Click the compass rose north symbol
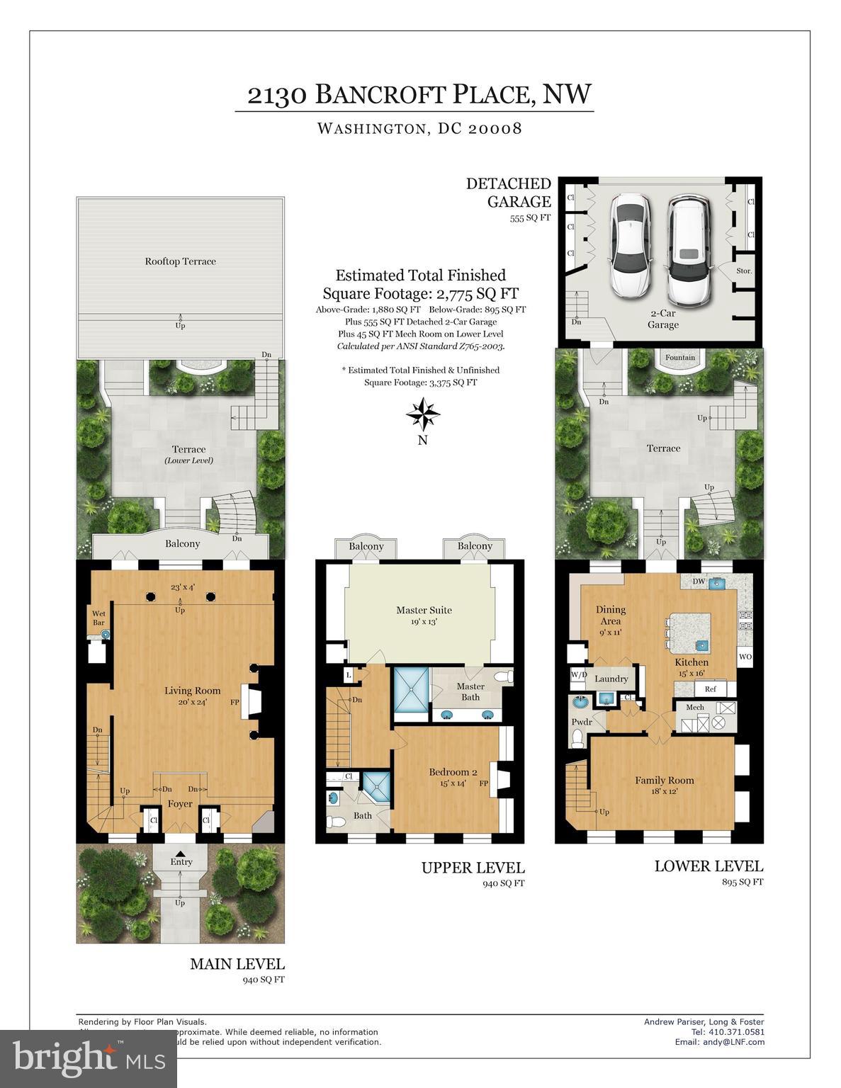pos(422,414)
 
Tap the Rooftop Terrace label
pos(180,261)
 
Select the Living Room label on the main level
pos(192,691)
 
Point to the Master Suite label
pos(424,610)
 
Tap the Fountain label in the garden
pos(679,357)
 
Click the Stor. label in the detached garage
pos(743,271)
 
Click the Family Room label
pos(664,781)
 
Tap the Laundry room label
pos(611,679)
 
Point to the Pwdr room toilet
pos(577,739)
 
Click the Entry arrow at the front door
pos(181,854)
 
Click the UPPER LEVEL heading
pos(473,868)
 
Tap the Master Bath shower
pos(411,687)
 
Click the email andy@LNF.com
pos(719,1042)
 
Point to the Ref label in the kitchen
pos(710,688)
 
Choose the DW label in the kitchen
pos(699,582)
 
